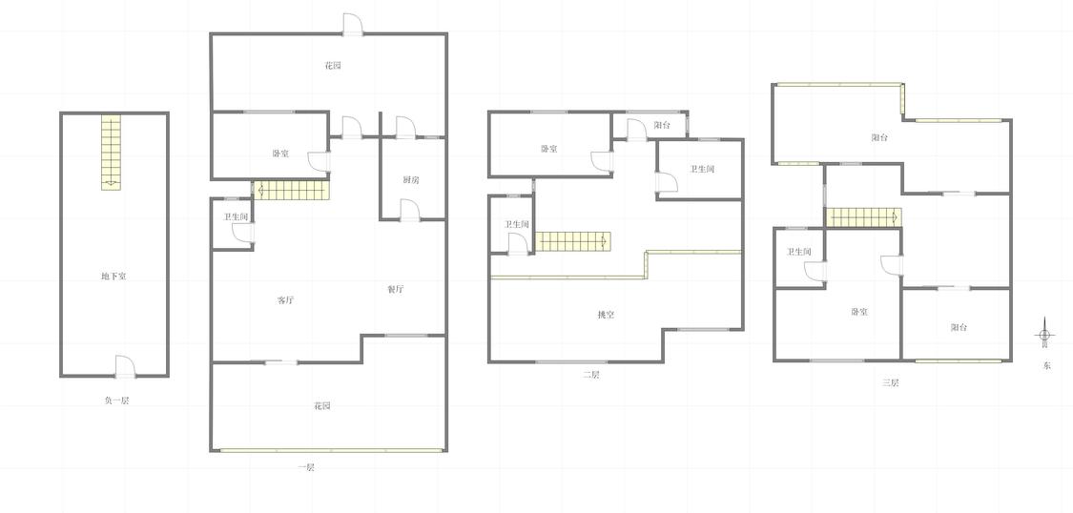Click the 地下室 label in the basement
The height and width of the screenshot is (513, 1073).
coord(113,277)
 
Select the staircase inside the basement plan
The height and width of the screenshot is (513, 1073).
coord(111,152)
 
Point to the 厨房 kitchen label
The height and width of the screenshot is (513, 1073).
coord(410,180)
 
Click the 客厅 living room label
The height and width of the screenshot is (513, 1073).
coord(286,300)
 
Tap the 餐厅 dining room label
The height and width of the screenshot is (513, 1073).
coord(396,289)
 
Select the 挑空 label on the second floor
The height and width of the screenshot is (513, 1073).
coord(606,315)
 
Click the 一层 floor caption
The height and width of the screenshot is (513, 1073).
coord(306,467)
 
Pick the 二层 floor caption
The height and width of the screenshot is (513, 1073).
coord(590,375)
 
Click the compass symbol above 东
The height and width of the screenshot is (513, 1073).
coord(1044,335)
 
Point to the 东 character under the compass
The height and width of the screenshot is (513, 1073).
coord(1046,365)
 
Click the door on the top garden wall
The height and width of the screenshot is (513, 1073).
coord(352,24)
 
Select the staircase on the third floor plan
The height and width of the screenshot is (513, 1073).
coord(863,217)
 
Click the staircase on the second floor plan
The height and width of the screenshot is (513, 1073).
coord(571,241)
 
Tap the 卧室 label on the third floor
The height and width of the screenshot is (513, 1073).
coord(859,312)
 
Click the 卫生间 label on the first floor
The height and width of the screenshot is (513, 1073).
coord(235,216)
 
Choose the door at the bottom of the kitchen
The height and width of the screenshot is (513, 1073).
coord(409,211)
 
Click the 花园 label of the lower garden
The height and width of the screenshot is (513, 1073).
coord(322,405)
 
